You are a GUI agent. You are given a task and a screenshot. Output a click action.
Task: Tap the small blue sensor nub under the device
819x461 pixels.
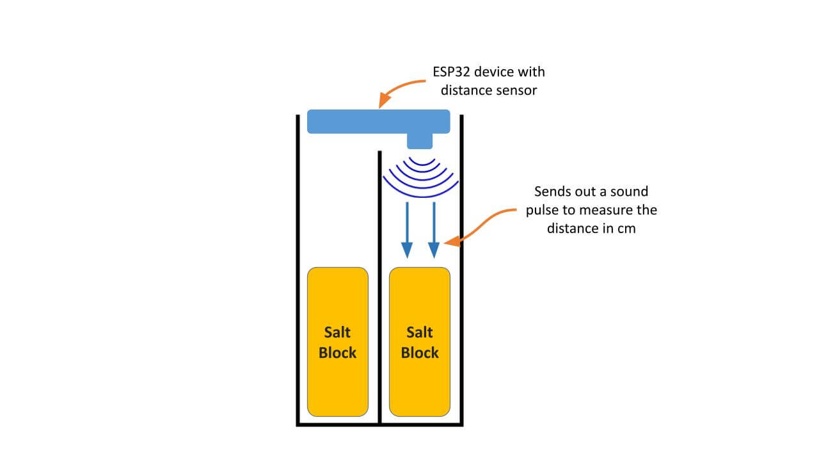point(420,141)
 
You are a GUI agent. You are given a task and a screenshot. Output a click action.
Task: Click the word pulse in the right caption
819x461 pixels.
point(543,210)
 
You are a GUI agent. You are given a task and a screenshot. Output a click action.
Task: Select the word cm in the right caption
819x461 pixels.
point(627,228)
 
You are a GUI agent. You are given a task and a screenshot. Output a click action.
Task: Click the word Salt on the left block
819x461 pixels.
point(338,332)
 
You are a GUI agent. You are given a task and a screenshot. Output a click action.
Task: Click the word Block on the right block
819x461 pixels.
point(420,353)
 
